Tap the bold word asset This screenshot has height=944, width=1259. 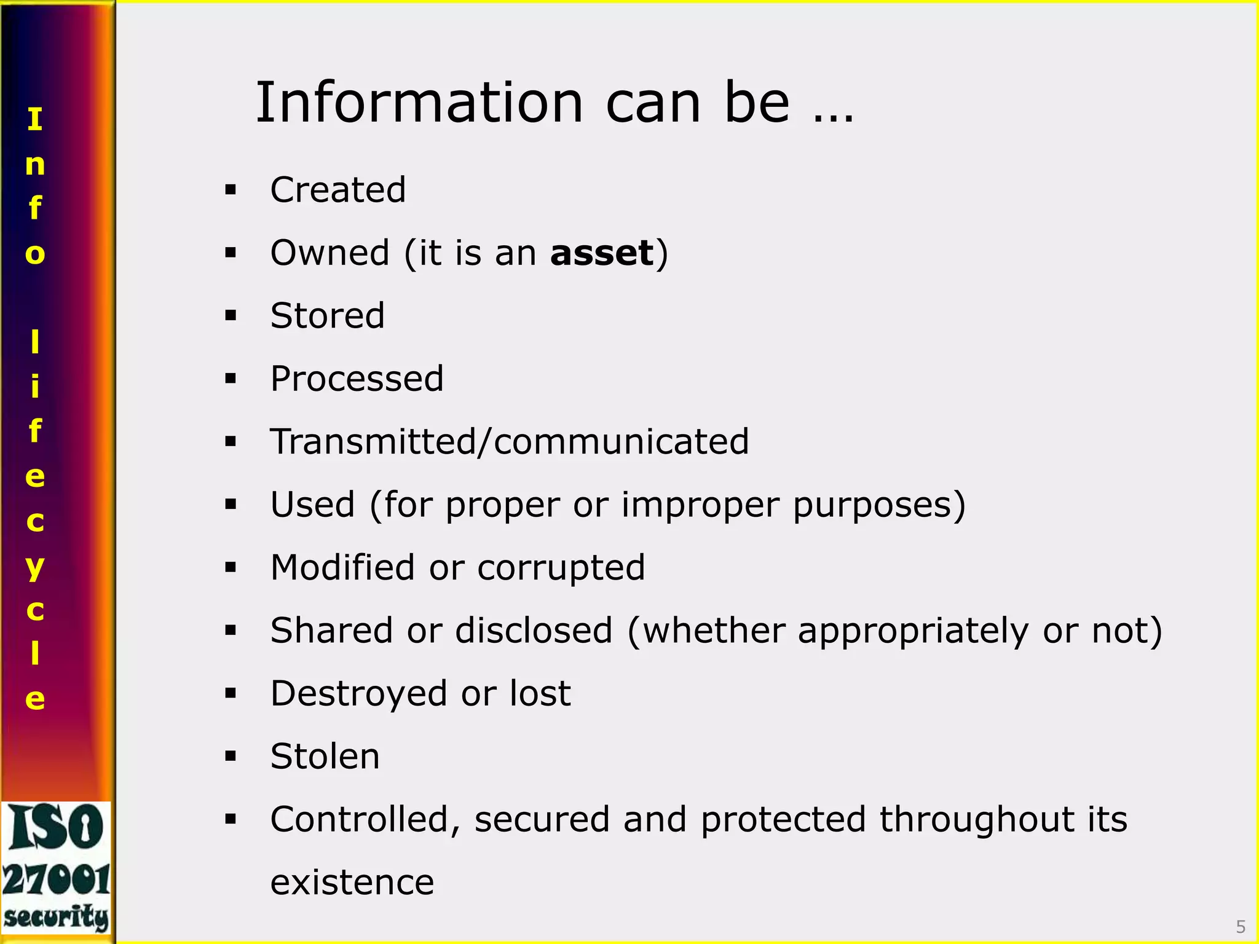602,253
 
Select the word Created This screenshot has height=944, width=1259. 338,189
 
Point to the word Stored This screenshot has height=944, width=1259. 327,315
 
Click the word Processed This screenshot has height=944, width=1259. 357,379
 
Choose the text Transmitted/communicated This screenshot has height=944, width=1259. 510,441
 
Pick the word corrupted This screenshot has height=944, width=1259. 561,567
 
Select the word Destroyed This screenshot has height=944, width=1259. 358,693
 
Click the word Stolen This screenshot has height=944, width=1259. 325,756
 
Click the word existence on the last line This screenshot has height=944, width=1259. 352,882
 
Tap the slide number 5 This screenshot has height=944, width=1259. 1241,927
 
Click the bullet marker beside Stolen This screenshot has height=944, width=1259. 231,756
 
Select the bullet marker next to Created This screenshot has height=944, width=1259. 231,189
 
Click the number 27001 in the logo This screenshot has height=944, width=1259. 57,879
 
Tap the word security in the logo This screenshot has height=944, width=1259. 57,917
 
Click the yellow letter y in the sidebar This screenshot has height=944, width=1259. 35,567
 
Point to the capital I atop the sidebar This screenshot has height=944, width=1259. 35,119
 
